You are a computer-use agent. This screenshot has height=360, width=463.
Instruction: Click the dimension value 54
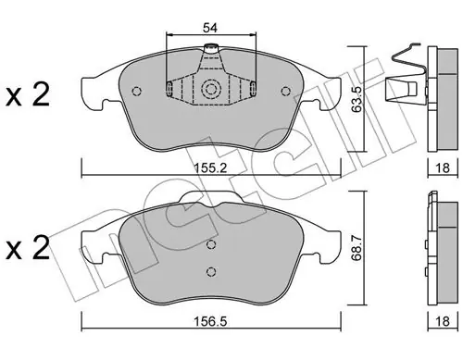click(x=210, y=28)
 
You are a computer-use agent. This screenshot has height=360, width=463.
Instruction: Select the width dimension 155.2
click(x=210, y=168)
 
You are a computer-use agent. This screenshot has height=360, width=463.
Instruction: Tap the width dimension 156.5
click(x=210, y=322)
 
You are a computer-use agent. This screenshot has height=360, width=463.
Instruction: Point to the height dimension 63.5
click(x=357, y=99)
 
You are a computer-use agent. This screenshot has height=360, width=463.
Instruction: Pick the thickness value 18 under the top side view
click(x=443, y=168)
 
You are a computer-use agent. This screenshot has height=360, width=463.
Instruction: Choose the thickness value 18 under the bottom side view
click(x=443, y=322)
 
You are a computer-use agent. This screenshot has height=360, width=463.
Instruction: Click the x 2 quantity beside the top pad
click(x=28, y=95)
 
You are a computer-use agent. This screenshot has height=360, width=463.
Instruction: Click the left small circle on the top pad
click(x=136, y=91)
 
